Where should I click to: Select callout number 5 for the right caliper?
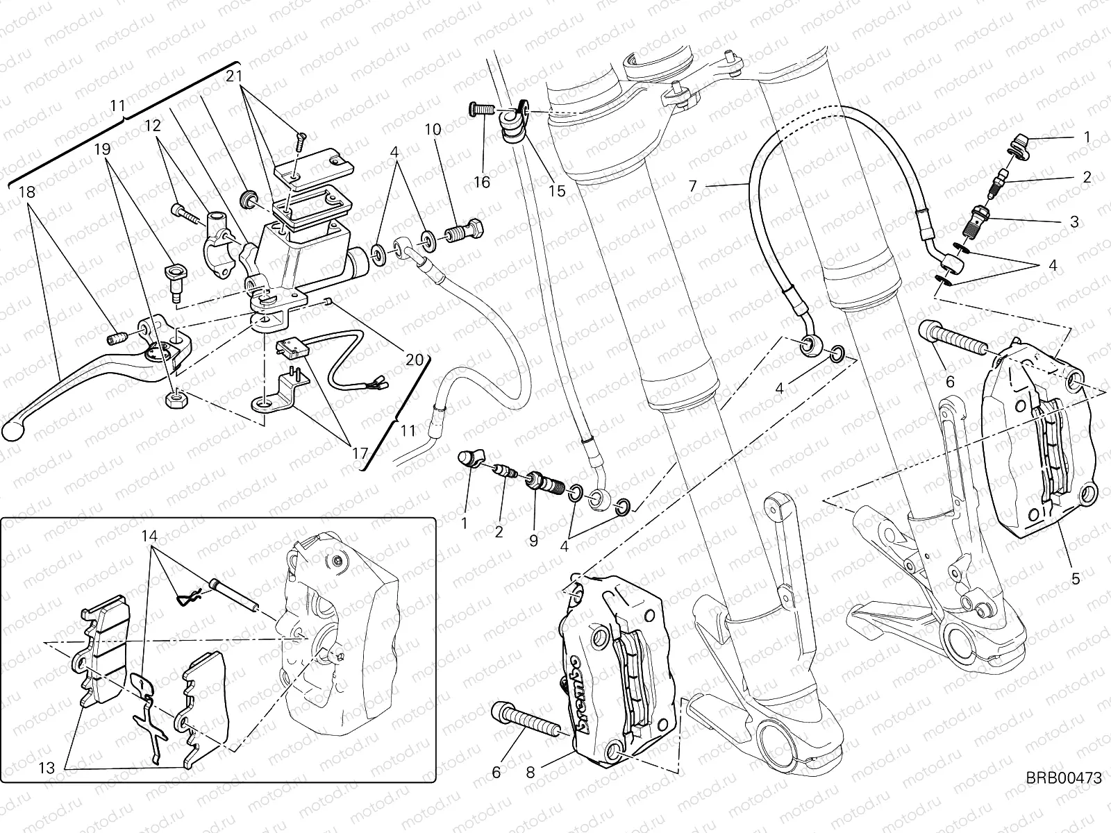tap(1076, 577)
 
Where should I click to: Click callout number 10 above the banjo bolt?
tap(433, 129)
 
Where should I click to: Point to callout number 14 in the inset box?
tap(150, 536)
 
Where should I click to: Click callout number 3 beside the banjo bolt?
tap(1074, 222)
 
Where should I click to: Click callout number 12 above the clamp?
tap(152, 126)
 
